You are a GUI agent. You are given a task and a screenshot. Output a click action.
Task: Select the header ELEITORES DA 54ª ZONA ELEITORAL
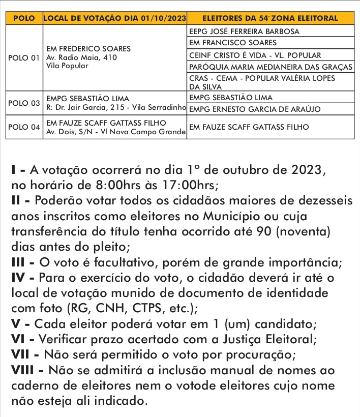(269, 18)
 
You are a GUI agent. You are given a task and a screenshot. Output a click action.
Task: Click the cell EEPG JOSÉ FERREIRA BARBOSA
(244, 31)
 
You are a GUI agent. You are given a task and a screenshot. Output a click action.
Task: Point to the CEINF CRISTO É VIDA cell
(254, 55)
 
